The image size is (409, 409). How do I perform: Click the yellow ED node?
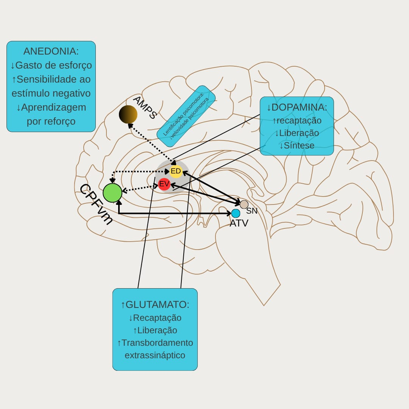tap(176, 171)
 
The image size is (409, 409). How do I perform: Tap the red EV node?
tap(164, 184)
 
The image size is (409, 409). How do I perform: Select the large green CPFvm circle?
tap(112, 193)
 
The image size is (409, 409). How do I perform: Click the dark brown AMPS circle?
tap(128, 114)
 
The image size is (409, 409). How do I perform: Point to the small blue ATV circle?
tap(236, 213)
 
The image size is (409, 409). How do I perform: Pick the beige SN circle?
tap(244, 204)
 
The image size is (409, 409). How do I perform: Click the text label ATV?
tap(239, 223)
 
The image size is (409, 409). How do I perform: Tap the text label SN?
tap(252, 211)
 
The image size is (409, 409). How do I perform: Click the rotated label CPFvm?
tap(96, 204)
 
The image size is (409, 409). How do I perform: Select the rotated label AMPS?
tap(145, 107)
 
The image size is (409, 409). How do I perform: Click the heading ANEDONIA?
tap(51, 51)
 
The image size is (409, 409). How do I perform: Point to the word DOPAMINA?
tap(299, 107)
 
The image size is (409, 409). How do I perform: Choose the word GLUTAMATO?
tap(157, 305)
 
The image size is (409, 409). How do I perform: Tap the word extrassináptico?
tap(155, 355)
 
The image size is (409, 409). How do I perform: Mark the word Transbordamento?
tap(157, 343)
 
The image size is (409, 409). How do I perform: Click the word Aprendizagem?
tap(54, 107)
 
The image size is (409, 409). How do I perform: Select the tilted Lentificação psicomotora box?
tap(186, 116)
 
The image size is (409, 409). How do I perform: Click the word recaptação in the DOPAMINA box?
tap(299, 120)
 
